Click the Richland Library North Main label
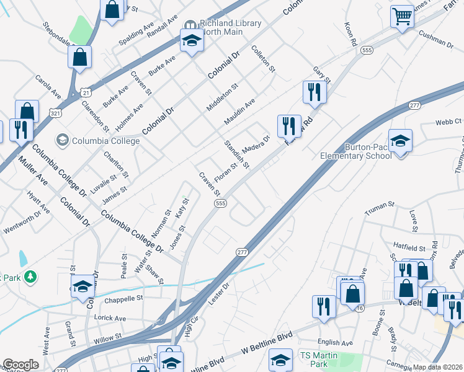click(x=231, y=28)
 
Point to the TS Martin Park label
click(x=322, y=359)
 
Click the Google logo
click(x=20, y=365)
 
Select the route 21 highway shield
click(x=86, y=92)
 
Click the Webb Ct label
click(x=448, y=122)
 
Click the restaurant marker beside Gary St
click(x=315, y=92)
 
